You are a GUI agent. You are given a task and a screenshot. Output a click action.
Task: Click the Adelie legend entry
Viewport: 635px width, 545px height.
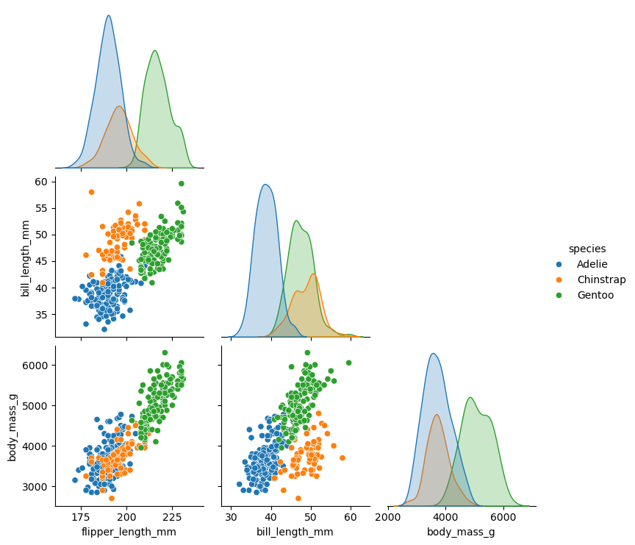pos(592,264)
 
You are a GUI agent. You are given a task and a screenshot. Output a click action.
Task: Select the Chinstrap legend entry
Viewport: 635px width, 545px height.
pos(600,279)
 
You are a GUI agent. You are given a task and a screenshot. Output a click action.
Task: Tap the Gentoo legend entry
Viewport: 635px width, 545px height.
pos(595,295)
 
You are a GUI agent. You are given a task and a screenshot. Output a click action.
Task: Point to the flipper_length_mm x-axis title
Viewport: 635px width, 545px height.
pos(129,532)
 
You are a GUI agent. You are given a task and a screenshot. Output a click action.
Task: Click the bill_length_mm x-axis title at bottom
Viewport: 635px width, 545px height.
pos(295,532)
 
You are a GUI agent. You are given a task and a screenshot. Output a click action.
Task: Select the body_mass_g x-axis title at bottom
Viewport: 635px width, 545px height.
pos(461,532)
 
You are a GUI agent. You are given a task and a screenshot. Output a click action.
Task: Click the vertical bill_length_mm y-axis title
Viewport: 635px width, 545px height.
pos(26,258)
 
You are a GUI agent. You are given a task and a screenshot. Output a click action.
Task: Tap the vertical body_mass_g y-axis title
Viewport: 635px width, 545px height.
pos(12,426)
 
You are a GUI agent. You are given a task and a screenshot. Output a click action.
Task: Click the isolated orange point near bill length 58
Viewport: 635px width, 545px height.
pos(91,192)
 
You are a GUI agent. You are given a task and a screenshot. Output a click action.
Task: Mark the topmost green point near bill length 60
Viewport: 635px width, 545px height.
pos(182,183)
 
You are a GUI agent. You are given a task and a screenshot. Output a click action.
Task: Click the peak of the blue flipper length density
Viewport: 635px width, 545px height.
pos(109,15)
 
